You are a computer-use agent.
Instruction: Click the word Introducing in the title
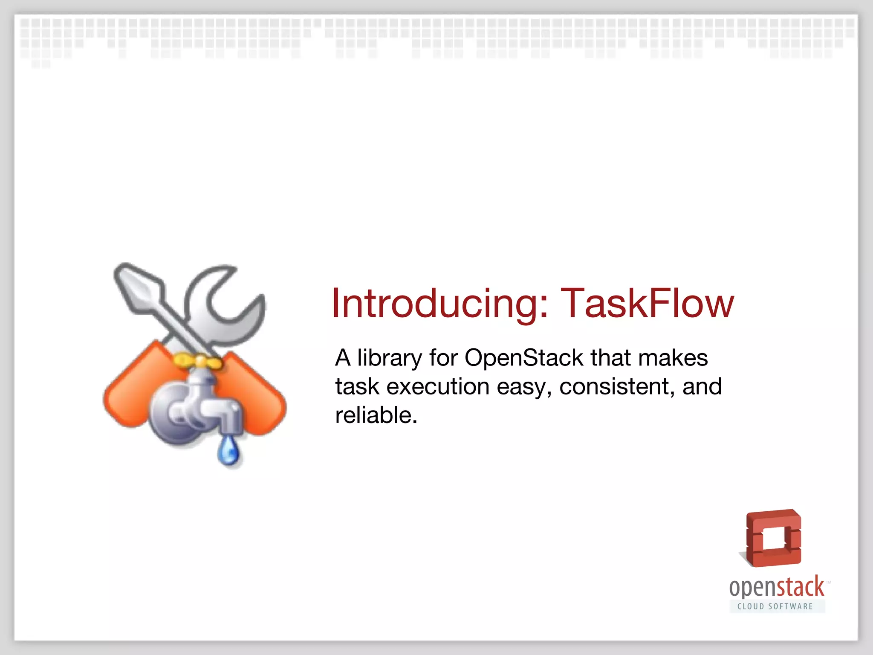point(435,304)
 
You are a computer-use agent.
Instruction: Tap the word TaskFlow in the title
point(647,304)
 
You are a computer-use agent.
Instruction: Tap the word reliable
point(375,415)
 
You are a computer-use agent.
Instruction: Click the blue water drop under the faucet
point(228,452)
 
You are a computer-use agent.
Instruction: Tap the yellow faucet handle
point(197,362)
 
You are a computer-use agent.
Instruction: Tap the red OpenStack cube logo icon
point(773,538)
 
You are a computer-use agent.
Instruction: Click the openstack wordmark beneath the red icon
point(777,588)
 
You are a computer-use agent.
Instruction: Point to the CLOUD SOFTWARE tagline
point(775,606)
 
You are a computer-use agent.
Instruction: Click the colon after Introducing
point(543,304)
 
